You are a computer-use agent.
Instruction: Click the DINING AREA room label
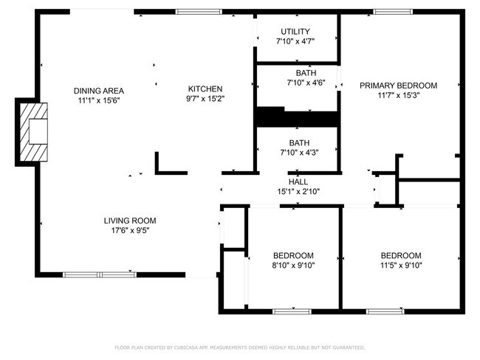click(99, 91)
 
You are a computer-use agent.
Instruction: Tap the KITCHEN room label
click(205, 89)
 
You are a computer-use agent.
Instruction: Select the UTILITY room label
click(295, 32)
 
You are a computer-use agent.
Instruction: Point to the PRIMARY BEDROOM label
click(398, 86)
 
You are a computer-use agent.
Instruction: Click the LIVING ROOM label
click(130, 221)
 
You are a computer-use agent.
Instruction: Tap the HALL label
click(298, 182)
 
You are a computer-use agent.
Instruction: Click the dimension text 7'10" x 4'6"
click(306, 83)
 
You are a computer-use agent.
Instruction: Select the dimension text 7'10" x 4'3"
click(300, 152)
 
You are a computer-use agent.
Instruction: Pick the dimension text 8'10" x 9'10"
click(294, 265)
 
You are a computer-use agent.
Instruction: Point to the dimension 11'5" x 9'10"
click(401, 265)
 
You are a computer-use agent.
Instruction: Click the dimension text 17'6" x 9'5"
click(130, 230)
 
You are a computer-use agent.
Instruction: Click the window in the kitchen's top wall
click(199, 12)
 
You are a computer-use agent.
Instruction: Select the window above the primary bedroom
click(393, 12)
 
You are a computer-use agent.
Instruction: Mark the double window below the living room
click(100, 274)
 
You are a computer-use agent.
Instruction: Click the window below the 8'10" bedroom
click(292, 311)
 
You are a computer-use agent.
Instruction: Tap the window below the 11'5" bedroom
click(385, 311)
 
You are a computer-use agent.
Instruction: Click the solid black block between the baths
click(297, 117)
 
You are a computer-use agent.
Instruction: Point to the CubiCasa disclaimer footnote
click(240, 347)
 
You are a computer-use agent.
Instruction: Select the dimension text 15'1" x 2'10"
click(298, 192)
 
